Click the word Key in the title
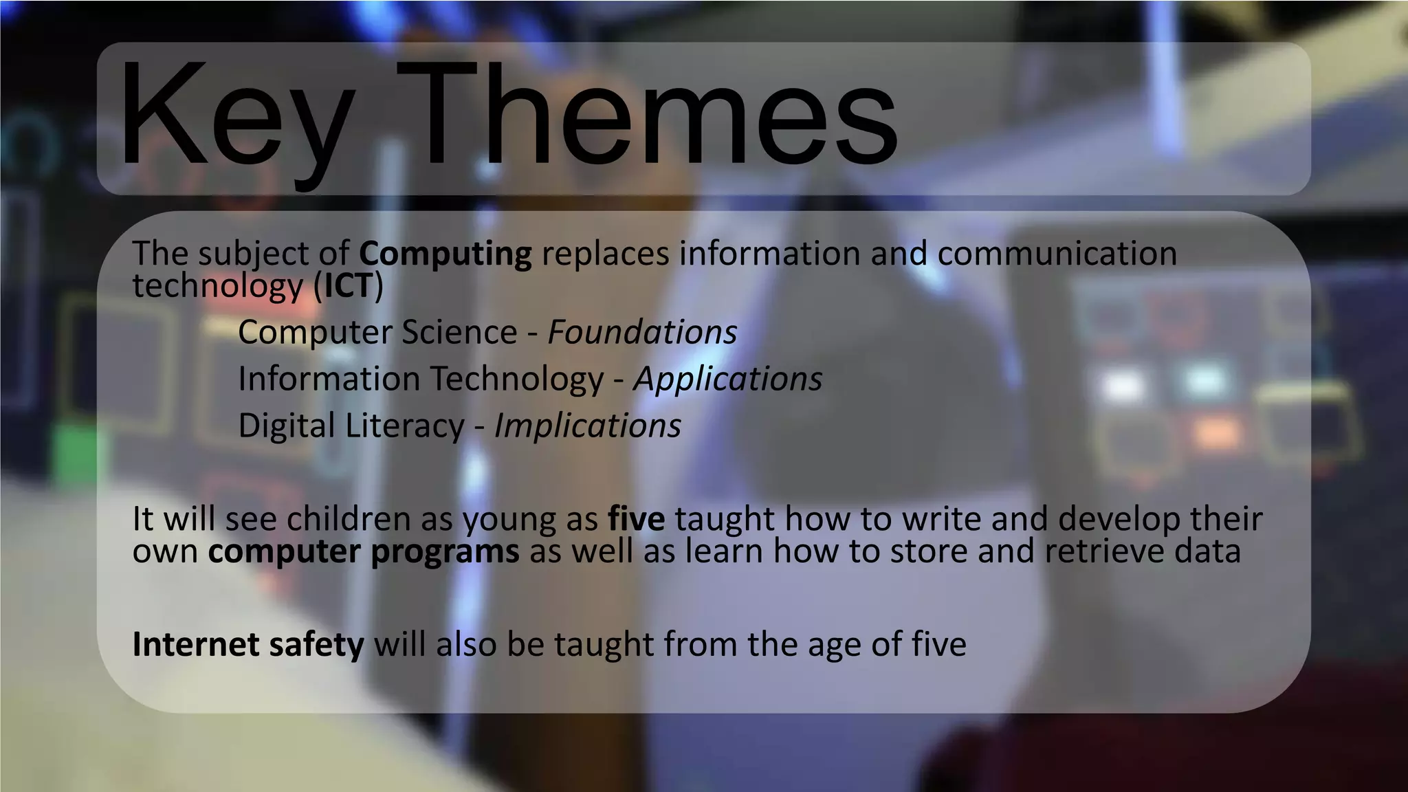pyautogui.click(x=234, y=117)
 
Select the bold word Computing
pyautogui.click(x=445, y=254)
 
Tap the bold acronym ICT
pyautogui.click(x=348, y=286)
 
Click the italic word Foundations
pyautogui.click(x=642, y=333)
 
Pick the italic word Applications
pyautogui.click(x=727, y=379)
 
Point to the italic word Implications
pyautogui.click(x=588, y=426)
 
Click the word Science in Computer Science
pyautogui.click(x=459, y=333)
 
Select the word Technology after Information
pyautogui.click(x=517, y=379)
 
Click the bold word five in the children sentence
pyautogui.click(x=636, y=519)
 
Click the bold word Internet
pyautogui.click(x=196, y=645)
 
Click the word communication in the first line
pyautogui.click(x=1057, y=254)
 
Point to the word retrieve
pyautogui.click(x=1104, y=551)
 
